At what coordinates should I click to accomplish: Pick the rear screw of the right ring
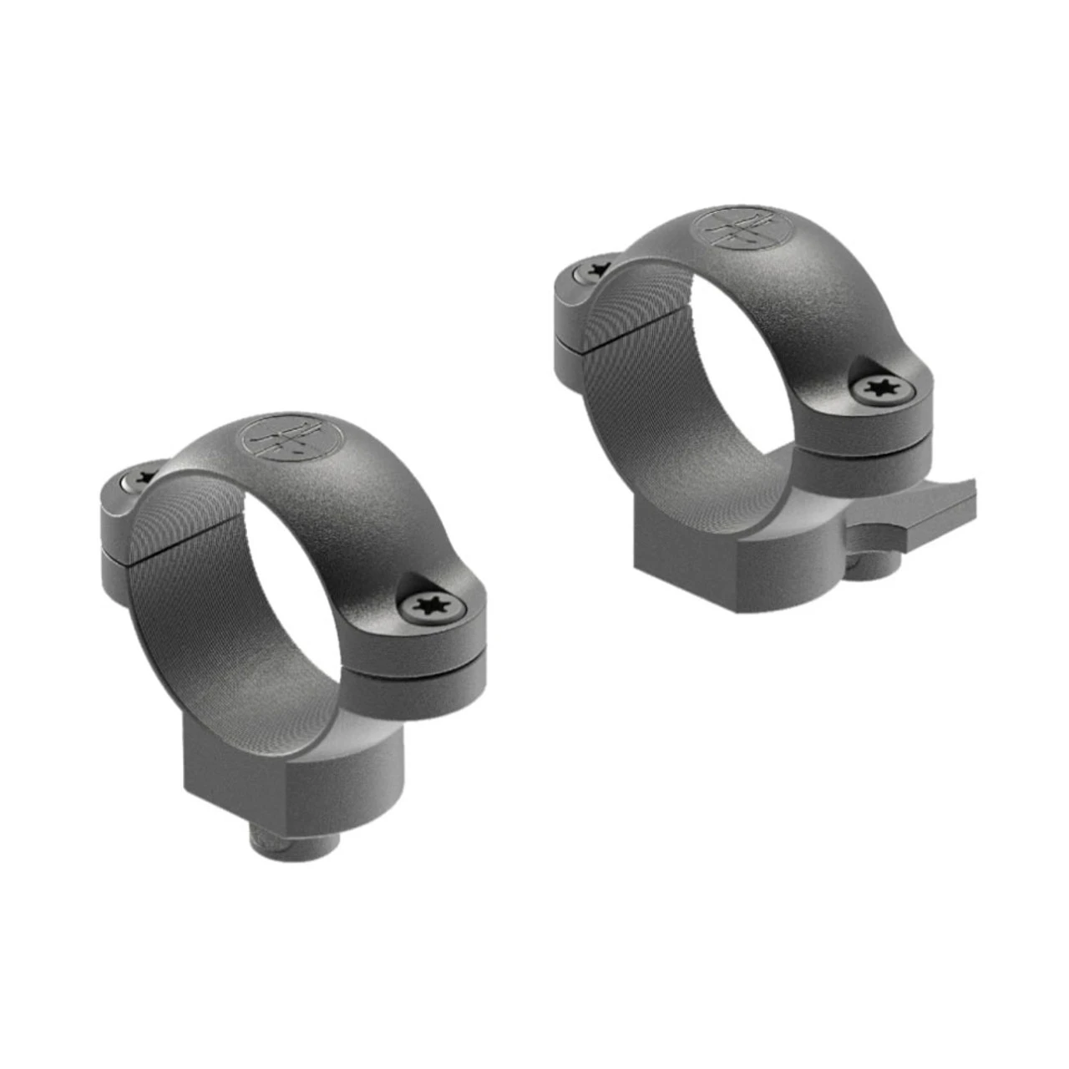coord(595,269)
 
